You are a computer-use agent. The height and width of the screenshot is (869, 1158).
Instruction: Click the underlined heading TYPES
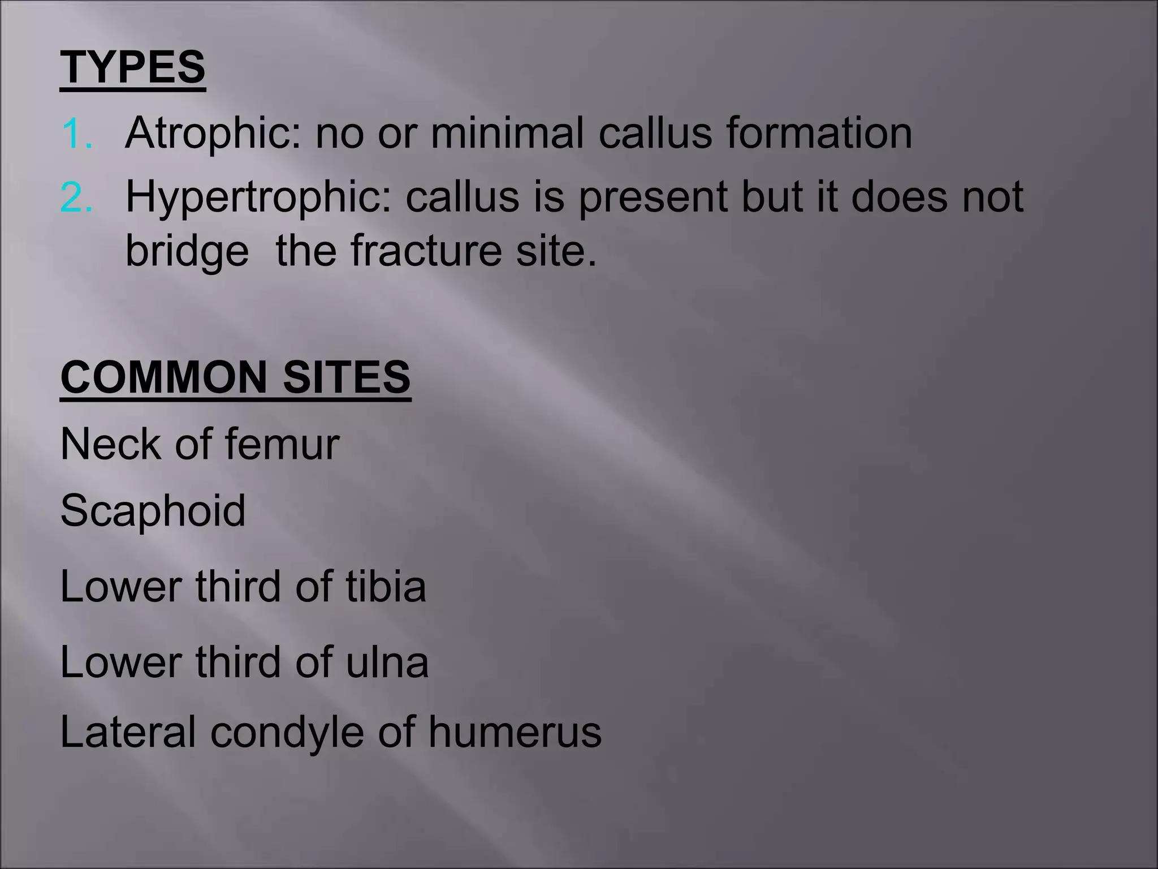pyautogui.click(x=133, y=68)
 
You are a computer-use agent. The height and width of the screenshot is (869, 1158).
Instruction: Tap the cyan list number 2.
pyautogui.click(x=77, y=199)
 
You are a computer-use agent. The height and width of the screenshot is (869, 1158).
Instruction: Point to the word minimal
pyautogui.click(x=507, y=134)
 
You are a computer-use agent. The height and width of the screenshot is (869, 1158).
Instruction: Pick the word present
pyautogui.click(x=653, y=199)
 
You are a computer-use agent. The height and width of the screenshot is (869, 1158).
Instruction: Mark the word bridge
pyautogui.click(x=187, y=252)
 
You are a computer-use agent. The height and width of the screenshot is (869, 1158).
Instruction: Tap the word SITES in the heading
pyautogui.click(x=347, y=377)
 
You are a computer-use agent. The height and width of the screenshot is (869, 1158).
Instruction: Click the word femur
pyautogui.click(x=282, y=444)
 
